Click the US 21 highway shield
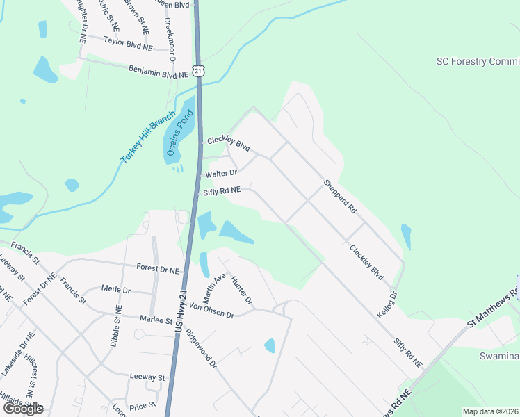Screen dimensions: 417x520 199,71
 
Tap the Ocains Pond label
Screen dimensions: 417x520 172,133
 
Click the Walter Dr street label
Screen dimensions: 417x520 221,172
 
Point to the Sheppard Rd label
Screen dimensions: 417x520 339,197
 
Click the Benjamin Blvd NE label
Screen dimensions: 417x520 159,71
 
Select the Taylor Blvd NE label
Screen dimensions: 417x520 127,44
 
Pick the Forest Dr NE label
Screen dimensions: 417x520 159,268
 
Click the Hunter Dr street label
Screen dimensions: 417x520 241,290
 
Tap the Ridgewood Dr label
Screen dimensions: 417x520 202,347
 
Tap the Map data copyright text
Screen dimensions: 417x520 489,411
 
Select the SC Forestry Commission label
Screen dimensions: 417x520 478,61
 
